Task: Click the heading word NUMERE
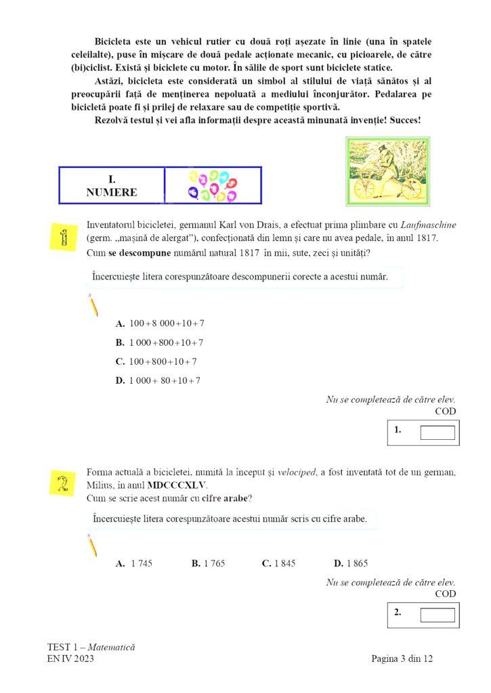click(x=112, y=192)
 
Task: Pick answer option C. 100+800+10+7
click(x=156, y=361)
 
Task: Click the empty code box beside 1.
click(x=437, y=432)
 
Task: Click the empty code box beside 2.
click(x=437, y=614)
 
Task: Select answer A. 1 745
click(x=134, y=563)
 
